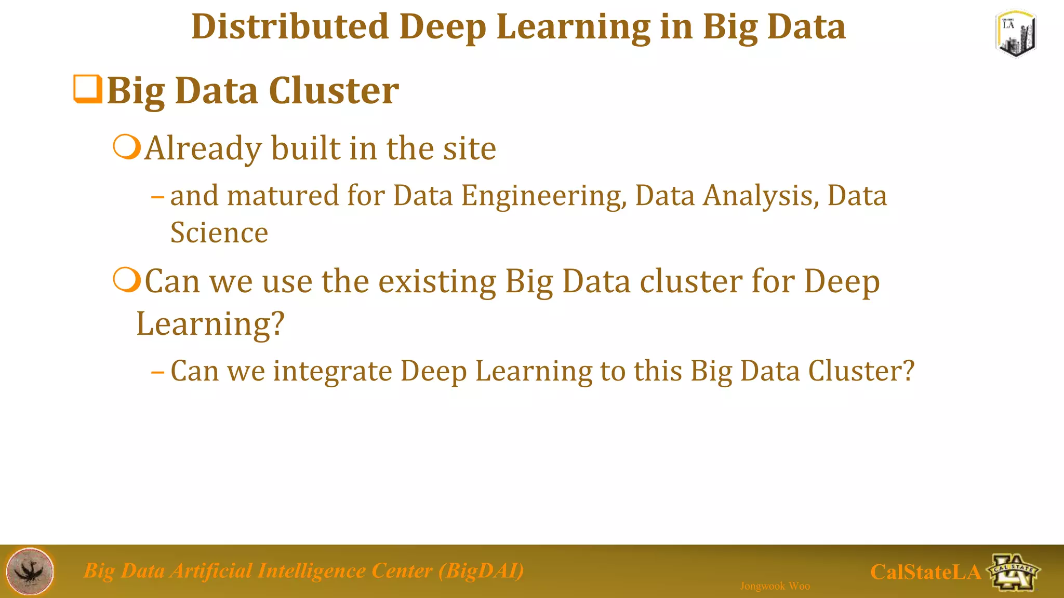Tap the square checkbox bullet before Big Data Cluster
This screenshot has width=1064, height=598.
[87, 89]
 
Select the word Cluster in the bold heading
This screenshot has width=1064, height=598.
[334, 91]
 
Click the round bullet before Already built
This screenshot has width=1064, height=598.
[127, 147]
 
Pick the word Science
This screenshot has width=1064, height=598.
[219, 233]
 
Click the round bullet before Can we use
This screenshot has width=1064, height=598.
[127, 280]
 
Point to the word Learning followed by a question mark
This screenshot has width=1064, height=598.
[210, 324]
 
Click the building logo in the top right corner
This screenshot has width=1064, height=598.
[1016, 34]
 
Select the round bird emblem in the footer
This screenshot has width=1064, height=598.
[30, 571]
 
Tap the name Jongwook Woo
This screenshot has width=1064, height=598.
[775, 586]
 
